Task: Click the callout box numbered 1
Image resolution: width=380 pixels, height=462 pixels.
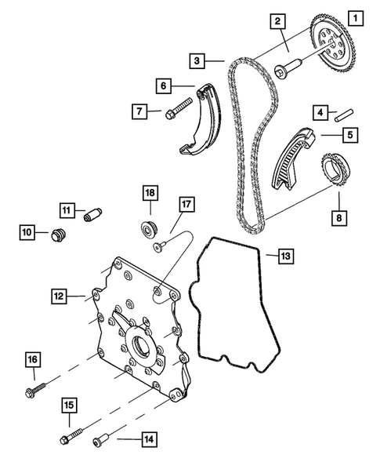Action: (x=356, y=16)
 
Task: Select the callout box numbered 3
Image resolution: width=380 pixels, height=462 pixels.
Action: (x=198, y=60)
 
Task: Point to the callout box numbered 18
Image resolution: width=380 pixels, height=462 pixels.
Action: (x=150, y=192)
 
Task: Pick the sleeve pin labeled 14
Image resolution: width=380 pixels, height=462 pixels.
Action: (x=101, y=447)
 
